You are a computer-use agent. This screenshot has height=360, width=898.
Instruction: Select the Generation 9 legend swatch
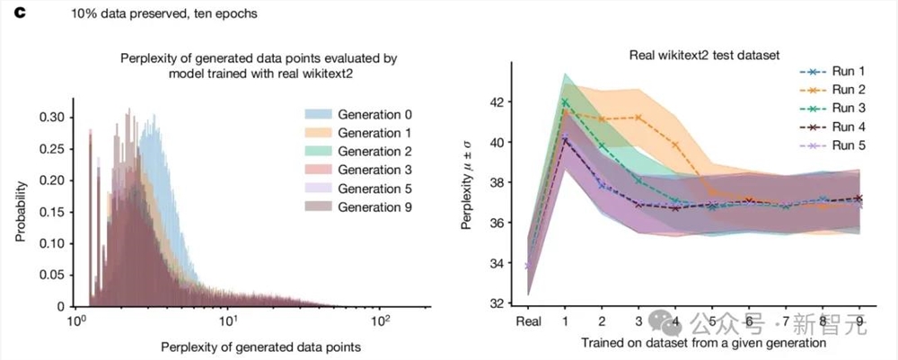click(x=314, y=207)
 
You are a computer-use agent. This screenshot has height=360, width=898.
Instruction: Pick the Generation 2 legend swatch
click(x=314, y=152)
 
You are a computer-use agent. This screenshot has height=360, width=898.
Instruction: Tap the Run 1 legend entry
click(x=836, y=71)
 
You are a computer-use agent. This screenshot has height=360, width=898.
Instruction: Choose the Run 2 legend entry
click(x=836, y=90)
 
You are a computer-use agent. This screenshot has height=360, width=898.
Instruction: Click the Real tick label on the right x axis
click(x=527, y=320)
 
